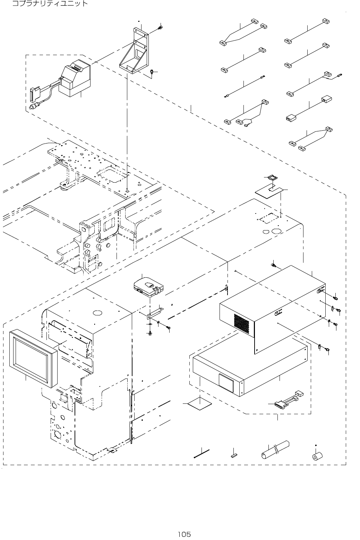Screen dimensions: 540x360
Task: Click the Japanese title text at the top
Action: (x=50, y=4)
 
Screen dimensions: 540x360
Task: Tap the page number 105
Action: (x=184, y=534)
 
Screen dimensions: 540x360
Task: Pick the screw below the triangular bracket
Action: (x=152, y=72)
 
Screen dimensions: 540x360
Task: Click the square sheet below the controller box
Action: (x=200, y=404)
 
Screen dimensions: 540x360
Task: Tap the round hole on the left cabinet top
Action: (x=97, y=312)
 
